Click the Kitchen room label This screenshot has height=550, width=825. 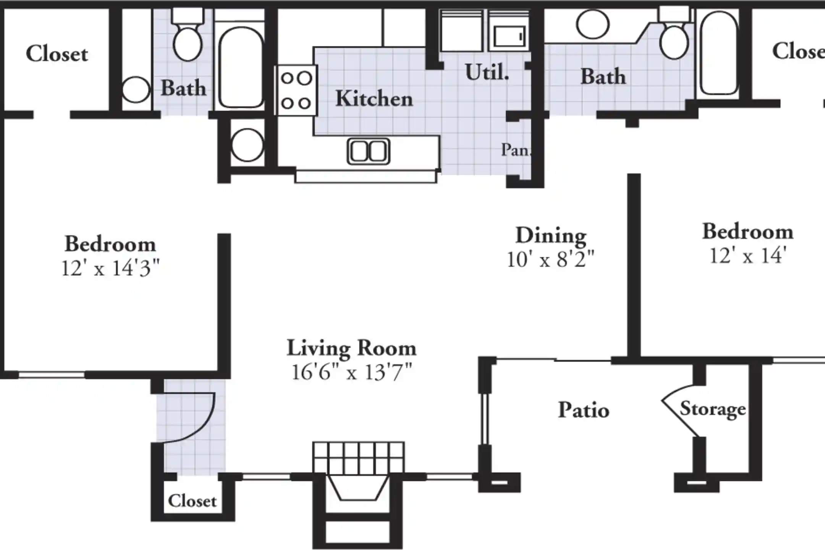pos(374,99)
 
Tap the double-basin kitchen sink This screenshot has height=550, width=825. pos(368,151)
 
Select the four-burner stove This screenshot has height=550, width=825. pos(296,91)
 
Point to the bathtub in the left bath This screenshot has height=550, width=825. pos(241,67)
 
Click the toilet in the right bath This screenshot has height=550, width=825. pos(675,40)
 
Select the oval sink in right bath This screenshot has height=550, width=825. pos(592,24)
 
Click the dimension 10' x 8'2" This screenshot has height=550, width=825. pos(550,260)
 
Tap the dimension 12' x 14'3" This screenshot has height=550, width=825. pos(110,268)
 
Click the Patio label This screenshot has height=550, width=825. pos(583,410)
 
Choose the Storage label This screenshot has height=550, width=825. pos(713,409)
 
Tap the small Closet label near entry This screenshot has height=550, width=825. pos(192,501)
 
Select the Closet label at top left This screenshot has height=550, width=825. pos(57,54)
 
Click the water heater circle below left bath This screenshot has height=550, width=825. pos(247,145)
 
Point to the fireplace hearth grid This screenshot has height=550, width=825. pos(358,458)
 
